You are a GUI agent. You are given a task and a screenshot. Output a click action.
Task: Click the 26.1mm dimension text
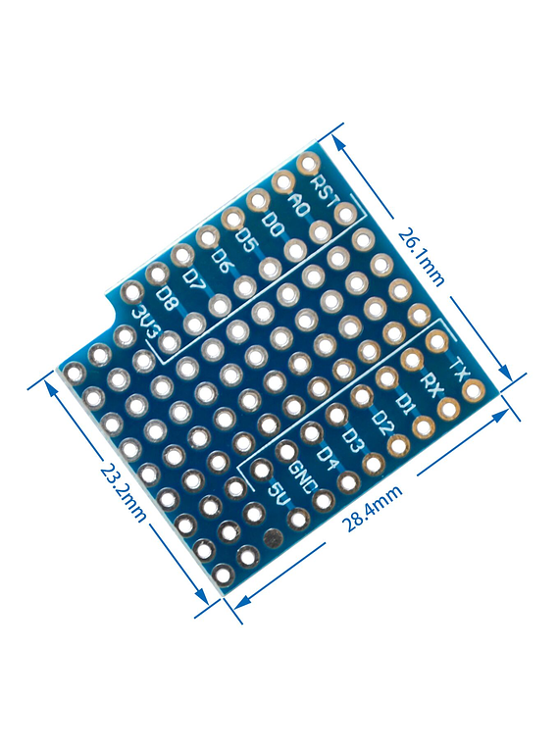[x=421, y=257]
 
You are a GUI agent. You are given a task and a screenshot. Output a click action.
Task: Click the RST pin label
[x=325, y=193]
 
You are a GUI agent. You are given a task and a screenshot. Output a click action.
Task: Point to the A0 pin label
[x=298, y=205]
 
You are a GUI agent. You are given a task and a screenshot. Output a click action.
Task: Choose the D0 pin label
[x=274, y=225]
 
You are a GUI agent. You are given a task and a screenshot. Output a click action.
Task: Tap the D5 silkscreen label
[x=247, y=243]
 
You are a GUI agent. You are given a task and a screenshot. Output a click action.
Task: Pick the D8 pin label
[x=169, y=299]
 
